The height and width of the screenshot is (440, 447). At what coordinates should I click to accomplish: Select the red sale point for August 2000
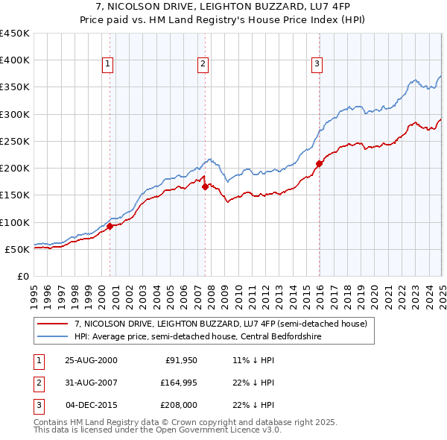[x=110, y=226]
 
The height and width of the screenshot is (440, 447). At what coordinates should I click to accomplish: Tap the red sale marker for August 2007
[x=205, y=187]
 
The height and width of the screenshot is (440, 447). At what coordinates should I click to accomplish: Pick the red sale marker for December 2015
[x=319, y=163]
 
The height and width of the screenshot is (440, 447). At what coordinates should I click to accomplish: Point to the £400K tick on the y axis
[x=15, y=60]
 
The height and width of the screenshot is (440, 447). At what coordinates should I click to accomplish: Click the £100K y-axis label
[x=15, y=222]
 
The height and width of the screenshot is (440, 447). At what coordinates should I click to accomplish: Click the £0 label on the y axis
[x=23, y=276]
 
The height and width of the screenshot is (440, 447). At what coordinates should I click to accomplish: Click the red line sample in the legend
[x=52, y=324]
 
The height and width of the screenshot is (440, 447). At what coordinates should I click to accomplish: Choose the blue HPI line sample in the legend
[x=52, y=338]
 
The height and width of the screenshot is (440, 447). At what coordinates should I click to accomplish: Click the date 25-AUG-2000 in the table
[x=91, y=360]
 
